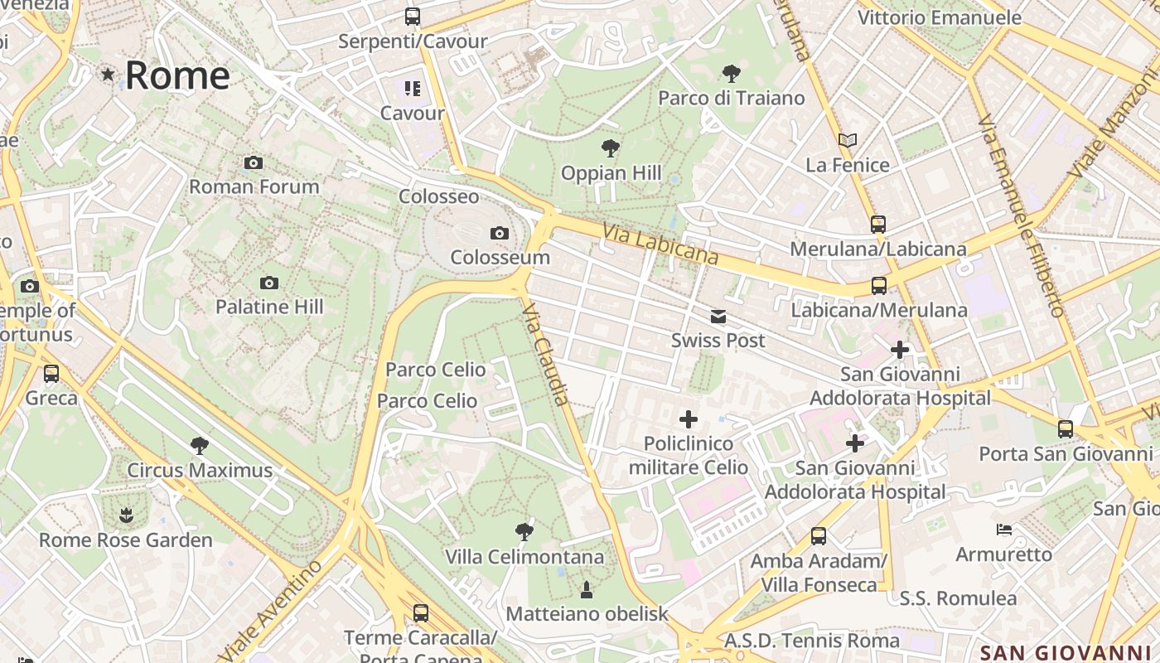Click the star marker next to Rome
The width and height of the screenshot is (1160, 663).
point(108,75)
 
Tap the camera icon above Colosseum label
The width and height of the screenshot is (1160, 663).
point(499,234)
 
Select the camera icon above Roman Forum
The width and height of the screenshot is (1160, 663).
point(254,163)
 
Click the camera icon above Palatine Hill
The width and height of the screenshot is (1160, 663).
point(269,283)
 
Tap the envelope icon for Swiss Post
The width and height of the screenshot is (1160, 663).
point(718,317)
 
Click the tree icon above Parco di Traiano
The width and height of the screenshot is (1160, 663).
point(731,74)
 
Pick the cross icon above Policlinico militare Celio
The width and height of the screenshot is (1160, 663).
point(688,419)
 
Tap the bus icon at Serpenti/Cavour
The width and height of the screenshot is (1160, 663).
point(412,17)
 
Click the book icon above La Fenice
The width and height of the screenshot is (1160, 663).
point(847,141)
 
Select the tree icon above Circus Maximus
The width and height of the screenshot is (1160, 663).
point(199,446)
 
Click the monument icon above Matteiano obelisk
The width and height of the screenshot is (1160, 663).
point(587,590)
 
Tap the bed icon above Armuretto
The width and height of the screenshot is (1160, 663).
point(1003,530)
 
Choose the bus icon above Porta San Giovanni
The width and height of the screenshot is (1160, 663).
point(1066,429)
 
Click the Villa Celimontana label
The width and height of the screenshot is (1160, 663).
point(524,557)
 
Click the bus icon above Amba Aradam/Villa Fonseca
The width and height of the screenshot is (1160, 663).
point(819,536)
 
